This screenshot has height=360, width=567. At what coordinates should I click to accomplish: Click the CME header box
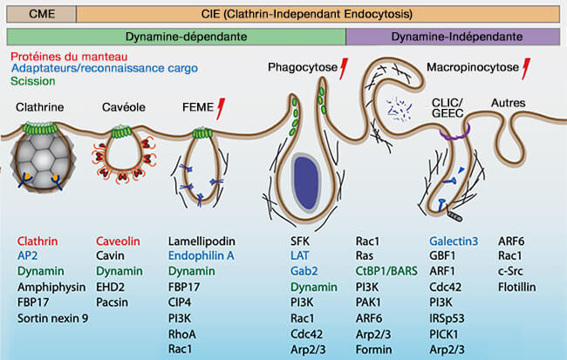(x=39, y=13)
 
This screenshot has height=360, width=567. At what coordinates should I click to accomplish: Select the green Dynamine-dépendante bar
(x=176, y=37)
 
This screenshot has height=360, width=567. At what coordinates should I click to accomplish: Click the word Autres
(x=509, y=103)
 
